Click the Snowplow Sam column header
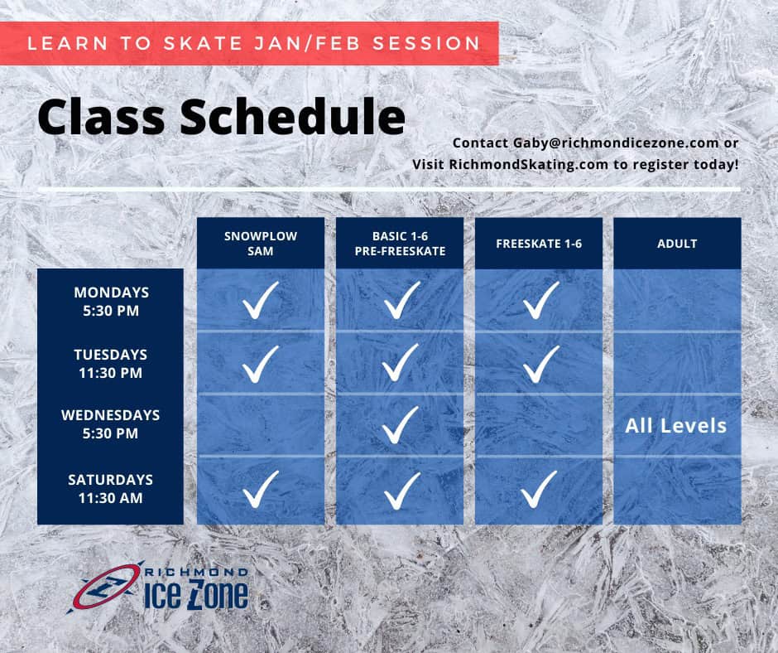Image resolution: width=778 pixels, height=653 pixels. click(261, 243)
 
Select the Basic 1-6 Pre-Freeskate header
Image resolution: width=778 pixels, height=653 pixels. click(400, 243)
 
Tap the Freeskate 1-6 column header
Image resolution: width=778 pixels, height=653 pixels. click(539, 243)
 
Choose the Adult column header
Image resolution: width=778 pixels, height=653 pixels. click(677, 243)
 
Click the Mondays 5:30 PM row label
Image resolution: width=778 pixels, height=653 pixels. click(111, 301)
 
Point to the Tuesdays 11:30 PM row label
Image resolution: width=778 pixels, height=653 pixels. click(111, 363)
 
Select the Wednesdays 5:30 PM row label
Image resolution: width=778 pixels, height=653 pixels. click(111, 424)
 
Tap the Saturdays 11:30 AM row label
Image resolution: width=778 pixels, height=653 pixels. click(111, 489)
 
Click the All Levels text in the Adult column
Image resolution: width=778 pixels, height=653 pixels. click(676, 426)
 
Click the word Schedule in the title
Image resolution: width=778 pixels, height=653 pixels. click(292, 117)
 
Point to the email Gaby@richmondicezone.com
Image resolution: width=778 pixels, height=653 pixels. click(616, 143)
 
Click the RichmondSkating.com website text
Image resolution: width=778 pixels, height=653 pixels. click(528, 164)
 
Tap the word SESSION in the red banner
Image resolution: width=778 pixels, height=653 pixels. click(426, 43)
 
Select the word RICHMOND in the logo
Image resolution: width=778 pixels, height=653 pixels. click(196, 573)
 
